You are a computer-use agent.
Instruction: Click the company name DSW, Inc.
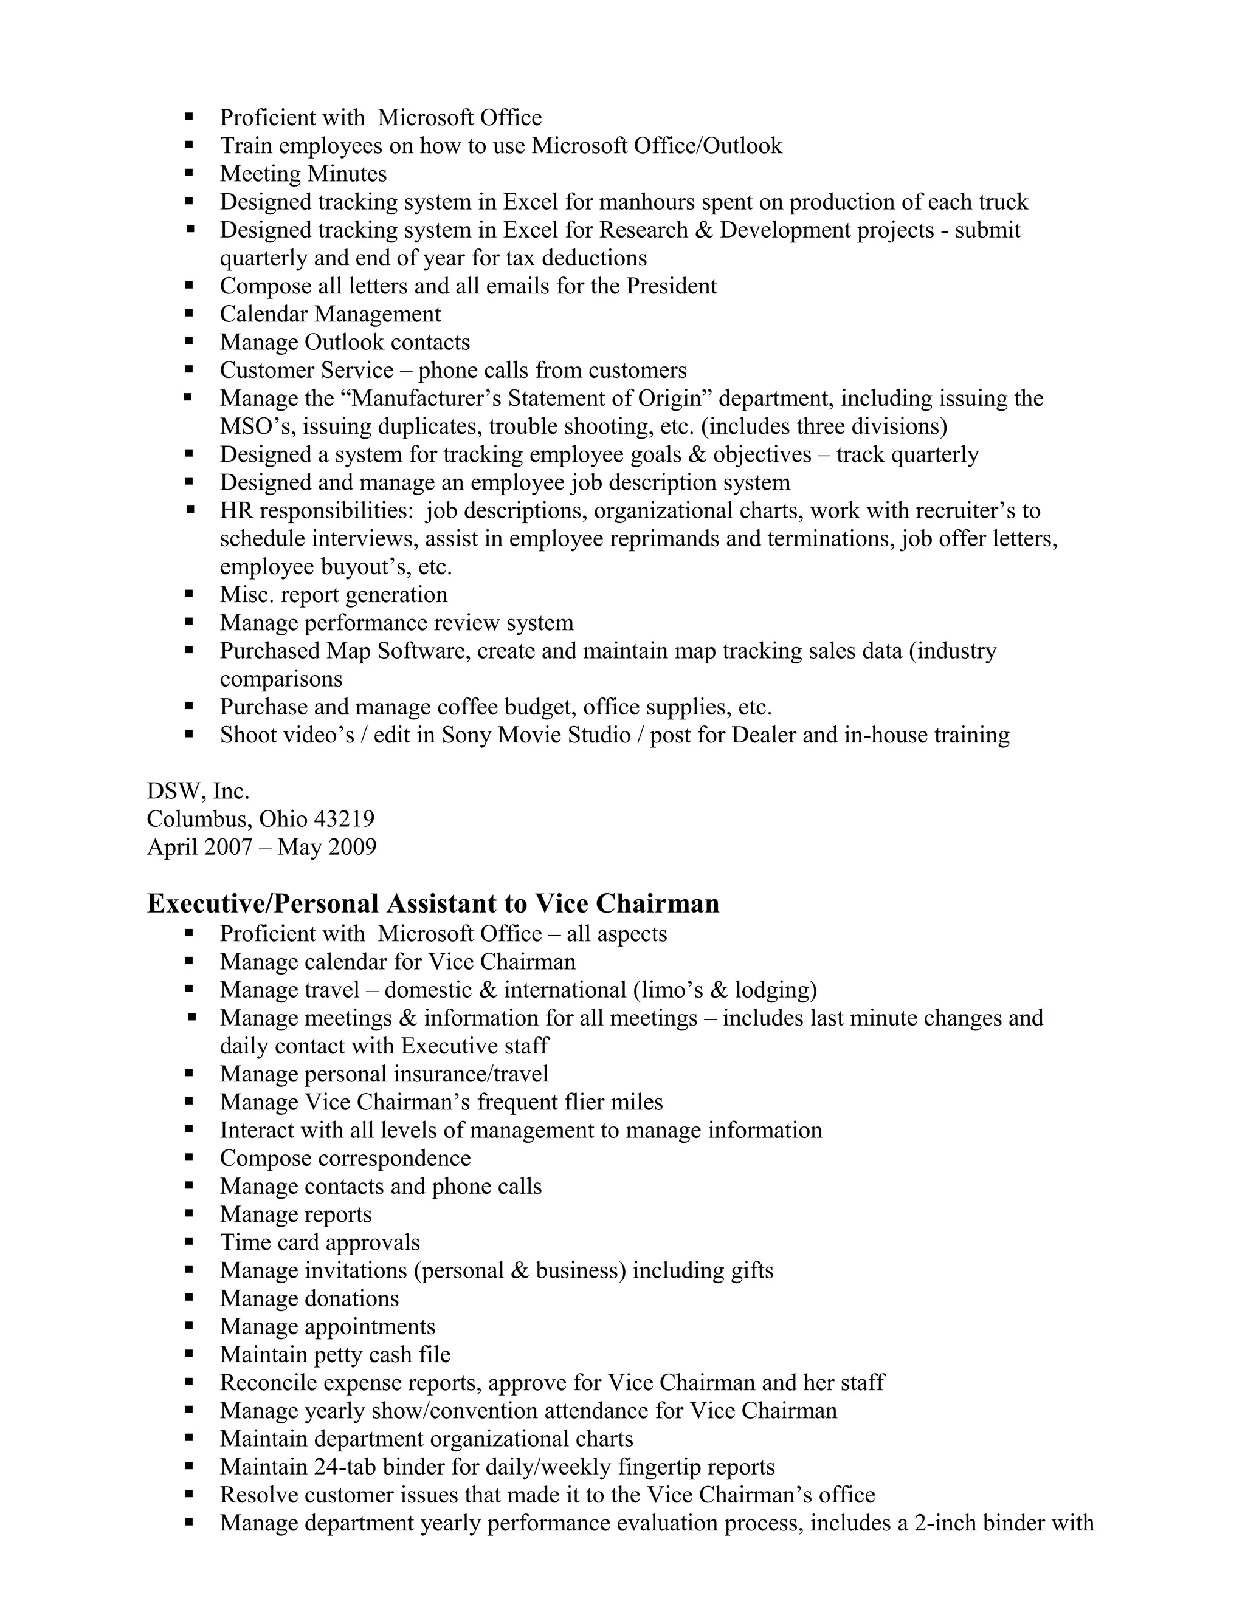click(198, 792)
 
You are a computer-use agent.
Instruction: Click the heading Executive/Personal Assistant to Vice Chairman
click(433, 904)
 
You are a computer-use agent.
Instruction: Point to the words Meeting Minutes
click(303, 174)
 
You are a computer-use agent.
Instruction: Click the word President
click(671, 286)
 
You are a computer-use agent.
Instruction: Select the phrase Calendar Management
click(331, 314)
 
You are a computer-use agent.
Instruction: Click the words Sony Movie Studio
click(536, 736)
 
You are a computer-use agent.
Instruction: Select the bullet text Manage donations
click(309, 1299)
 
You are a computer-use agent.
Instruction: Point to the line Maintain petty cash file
click(335, 1355)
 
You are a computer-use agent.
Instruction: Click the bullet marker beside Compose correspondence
click(190, 1158)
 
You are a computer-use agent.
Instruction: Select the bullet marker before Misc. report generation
click(190, 594)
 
